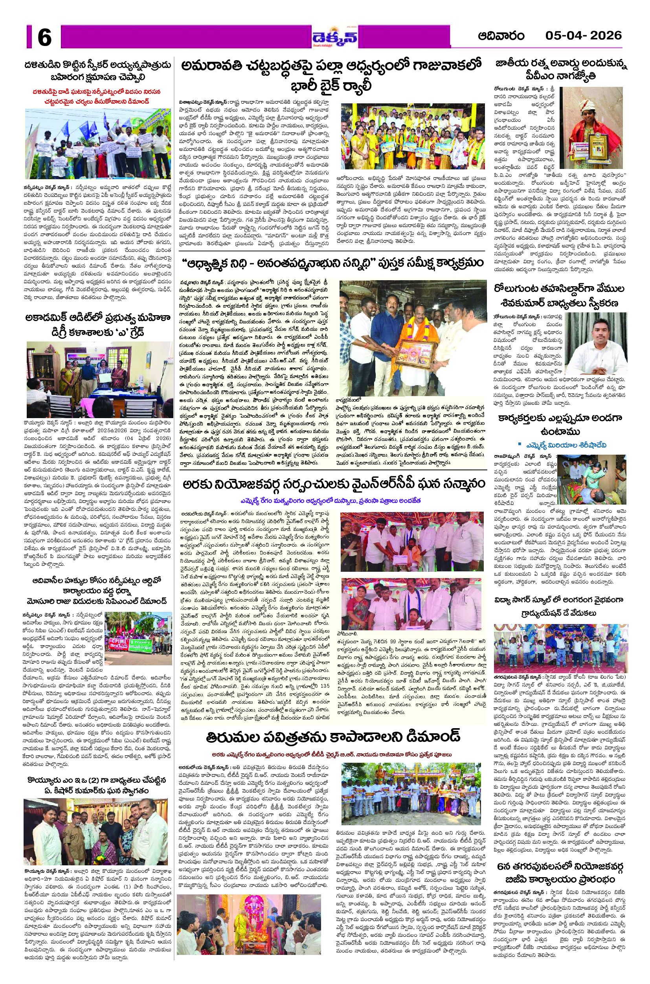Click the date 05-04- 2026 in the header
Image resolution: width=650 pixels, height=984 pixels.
pyautogui.click(x=583, y=35)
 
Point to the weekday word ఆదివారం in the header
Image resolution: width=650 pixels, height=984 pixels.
pyautogui.click(x=501, y=36)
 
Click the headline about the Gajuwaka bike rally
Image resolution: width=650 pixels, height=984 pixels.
pyautogui.click(x=332, y=75)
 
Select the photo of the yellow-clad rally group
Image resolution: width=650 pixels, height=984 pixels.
pyautogui.click(x=413, y=136)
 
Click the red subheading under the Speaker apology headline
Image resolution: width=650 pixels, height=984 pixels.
pyautogui.click(x=97, y=96)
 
